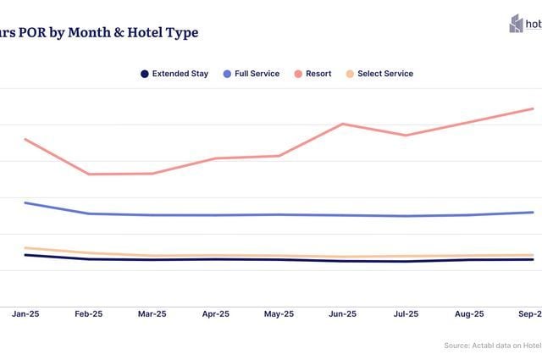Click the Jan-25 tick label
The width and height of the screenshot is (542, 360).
[25, 313]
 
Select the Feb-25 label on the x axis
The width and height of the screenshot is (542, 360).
[88, 313]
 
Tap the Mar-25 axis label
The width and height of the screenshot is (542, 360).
[152, 313]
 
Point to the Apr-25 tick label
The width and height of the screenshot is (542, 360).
[216, 313]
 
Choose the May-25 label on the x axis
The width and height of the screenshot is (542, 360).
[279, 313]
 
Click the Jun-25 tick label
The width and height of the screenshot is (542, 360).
[342, 313]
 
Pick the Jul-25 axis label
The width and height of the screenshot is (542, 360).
[406, 313]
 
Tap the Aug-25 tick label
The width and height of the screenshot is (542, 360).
[469, 313]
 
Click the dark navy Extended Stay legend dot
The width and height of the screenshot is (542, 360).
[145, 75]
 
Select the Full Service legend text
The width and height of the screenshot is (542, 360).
[257, 75]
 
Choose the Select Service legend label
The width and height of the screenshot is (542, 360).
[385, 75]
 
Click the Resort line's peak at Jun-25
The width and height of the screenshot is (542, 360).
[342, 124]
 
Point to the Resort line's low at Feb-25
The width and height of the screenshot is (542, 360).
[88, 174]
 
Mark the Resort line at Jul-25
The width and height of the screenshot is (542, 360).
[406, 136]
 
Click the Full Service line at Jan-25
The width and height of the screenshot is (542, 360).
[25, 203]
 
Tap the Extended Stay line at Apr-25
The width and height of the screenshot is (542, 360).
[216, 259]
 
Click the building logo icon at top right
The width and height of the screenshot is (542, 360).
[516, 24]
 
